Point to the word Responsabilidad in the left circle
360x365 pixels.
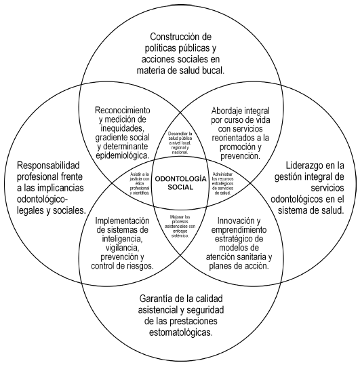tap(49, 165)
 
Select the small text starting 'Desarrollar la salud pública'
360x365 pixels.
tap(180, 143)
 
